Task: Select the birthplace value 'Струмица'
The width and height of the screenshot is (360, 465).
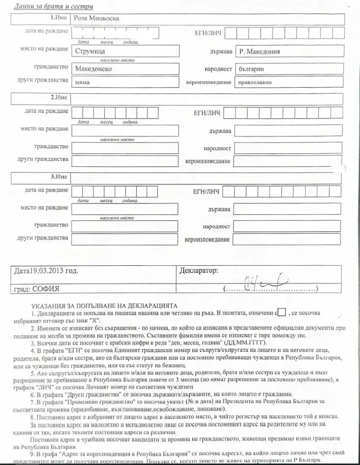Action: [90, 50]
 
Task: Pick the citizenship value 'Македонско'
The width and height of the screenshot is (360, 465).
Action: [94, 69]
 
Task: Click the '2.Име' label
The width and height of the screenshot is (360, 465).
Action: [59, 97]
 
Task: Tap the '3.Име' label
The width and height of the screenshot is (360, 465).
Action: [59, 176]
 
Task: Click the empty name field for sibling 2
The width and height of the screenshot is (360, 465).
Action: [206, 98]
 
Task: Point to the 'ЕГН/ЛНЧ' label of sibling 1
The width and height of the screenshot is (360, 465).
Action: [208, 33]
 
